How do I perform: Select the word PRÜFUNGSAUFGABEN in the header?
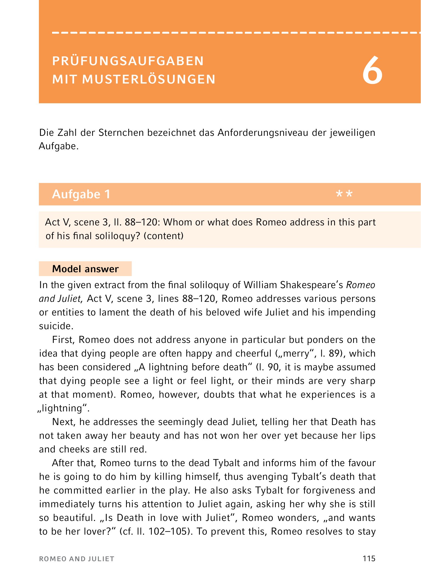(128, 61)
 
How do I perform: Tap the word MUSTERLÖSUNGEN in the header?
(149, 79)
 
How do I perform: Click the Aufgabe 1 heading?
(81, 194)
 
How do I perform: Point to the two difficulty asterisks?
(344, 194)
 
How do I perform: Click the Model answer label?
(85, 269)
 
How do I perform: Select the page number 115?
(369, 558)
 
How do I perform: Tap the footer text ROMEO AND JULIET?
(77, 559)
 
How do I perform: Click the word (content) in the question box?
(164, 236)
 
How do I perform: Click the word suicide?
(56, 326)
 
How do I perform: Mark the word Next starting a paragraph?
(64, 422)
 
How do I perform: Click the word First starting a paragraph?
(64, 340)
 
